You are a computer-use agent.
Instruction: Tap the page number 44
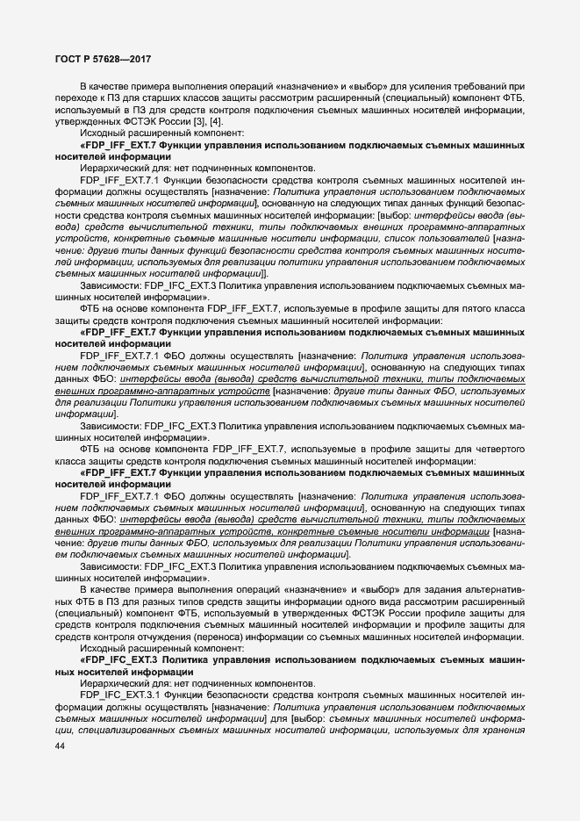61,746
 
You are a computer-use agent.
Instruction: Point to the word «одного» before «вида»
388,601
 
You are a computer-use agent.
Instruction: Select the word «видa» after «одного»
420,601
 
